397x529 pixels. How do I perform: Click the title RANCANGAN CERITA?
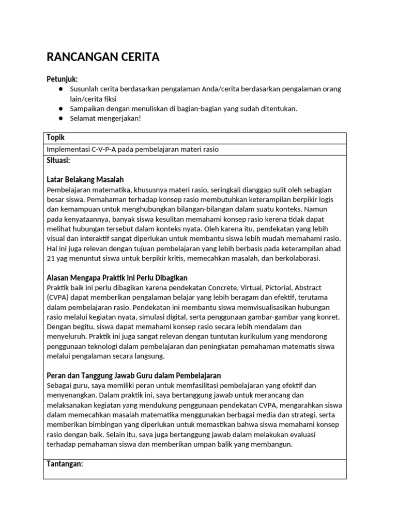(103, 57)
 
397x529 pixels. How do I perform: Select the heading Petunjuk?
(62, 79)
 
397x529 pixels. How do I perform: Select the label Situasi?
(58, 160)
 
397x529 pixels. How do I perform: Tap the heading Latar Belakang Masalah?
(85, 180)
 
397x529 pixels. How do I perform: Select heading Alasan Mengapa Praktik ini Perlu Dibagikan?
(117, 278)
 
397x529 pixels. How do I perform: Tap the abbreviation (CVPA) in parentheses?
(58, 298)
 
